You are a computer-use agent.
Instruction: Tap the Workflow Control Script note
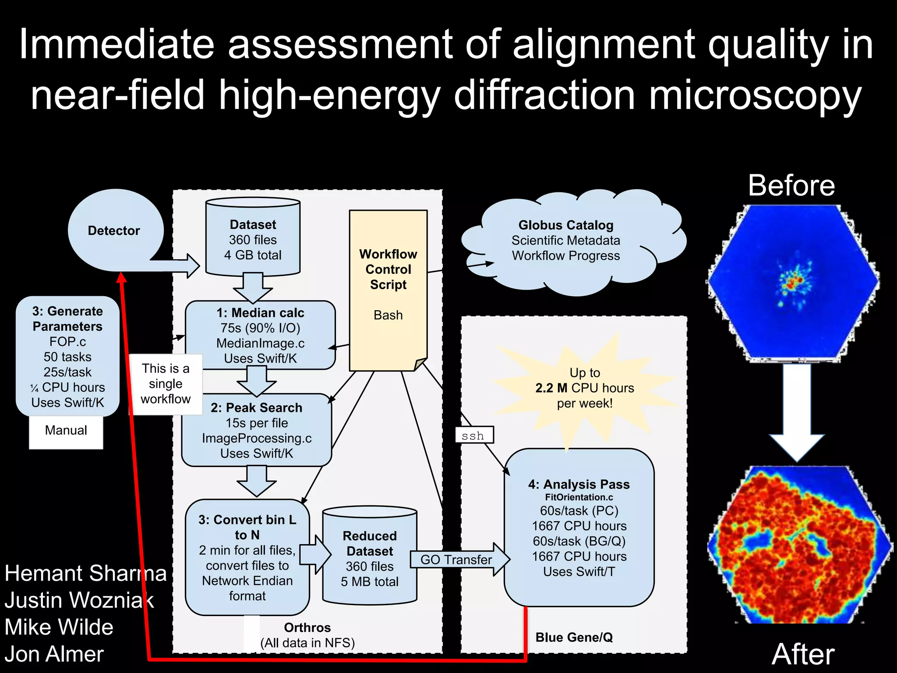coord(388,285)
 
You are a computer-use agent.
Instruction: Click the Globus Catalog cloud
coord(565,241)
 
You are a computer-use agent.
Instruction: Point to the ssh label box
coord(474,436)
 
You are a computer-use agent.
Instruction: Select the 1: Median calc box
coord(260,335)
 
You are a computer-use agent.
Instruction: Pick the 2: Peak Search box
coord(257,430)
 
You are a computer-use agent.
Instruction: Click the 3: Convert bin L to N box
coord(247,557)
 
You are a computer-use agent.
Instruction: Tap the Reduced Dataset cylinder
coord(370,559)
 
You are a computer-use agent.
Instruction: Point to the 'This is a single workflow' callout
coord(166,384)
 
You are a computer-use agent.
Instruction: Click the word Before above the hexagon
coord(791,185)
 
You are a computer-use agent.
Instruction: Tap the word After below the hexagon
coord(803,654)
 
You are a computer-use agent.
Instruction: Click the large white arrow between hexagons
coord(797,412)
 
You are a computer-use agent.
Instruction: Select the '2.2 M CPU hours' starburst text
coord(584,388)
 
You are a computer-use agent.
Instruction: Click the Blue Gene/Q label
coord(574,637)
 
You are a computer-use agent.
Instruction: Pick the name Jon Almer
coord(54,654)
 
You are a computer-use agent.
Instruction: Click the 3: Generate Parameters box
coord(67,356)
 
